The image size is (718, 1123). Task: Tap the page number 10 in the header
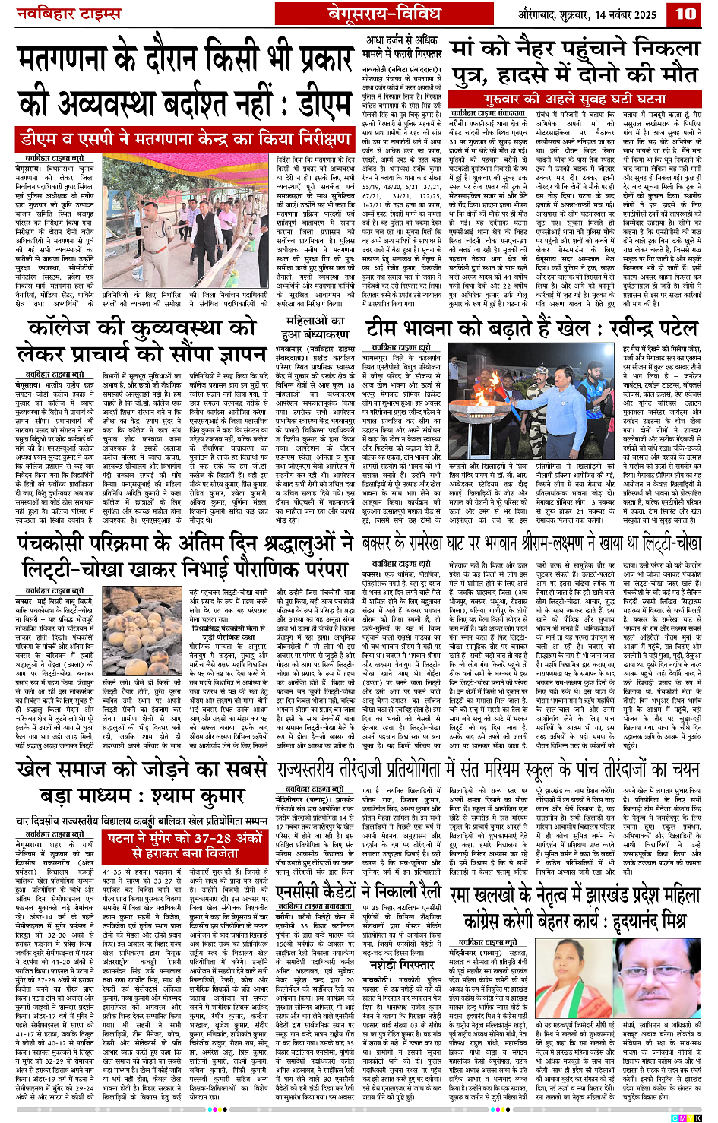coord(685,13)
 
